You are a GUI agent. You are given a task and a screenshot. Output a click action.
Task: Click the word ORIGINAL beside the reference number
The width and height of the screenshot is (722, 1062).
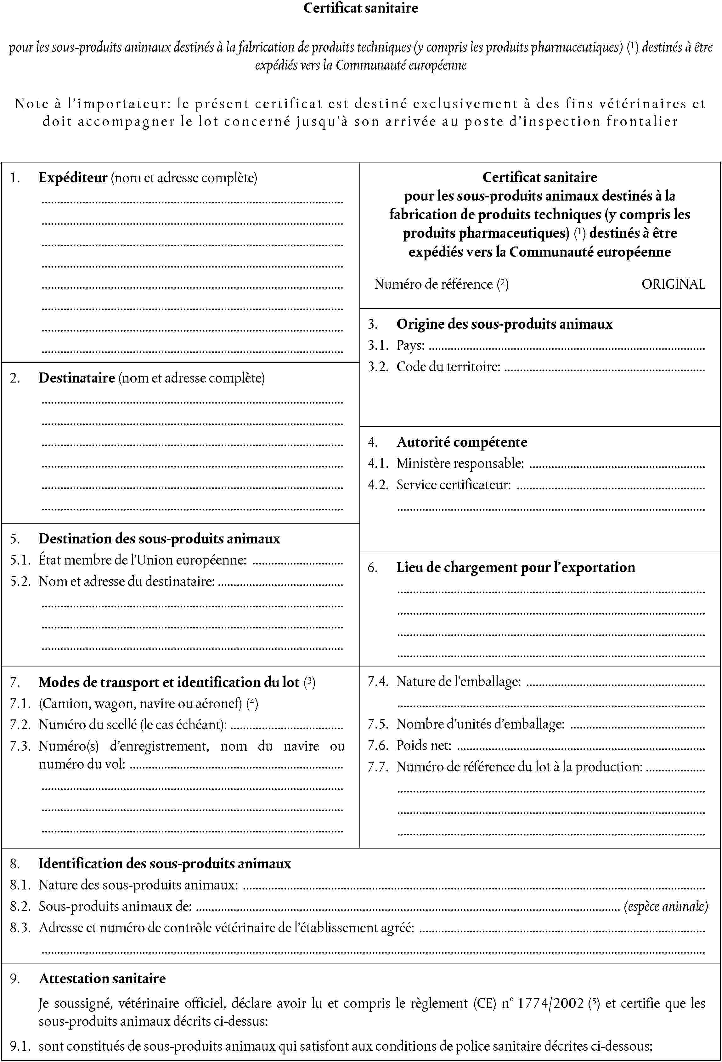click(673, 284)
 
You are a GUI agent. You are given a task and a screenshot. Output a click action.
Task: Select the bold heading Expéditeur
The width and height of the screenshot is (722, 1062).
click(73, 178)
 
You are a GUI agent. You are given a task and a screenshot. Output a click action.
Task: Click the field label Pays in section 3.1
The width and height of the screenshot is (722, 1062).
click(410, 345)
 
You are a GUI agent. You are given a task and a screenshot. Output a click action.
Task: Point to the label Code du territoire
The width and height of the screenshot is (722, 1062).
click(448, 366)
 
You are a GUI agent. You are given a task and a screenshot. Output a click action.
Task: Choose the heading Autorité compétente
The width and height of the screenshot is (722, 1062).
click(462, 442)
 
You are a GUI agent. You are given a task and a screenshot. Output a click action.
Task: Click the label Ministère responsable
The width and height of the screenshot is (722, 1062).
click(460, 463)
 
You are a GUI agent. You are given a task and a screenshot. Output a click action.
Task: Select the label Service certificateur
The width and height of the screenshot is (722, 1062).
click(453, 484)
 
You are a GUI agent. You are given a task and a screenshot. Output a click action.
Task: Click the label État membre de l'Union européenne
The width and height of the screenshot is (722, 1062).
click(143, 560)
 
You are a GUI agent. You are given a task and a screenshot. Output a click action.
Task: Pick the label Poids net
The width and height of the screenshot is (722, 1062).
click(423, 745)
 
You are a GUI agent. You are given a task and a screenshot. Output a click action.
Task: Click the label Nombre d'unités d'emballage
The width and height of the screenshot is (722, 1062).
click(480, 724)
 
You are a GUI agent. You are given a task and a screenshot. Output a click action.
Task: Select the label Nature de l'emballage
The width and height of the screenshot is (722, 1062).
click(458, 681)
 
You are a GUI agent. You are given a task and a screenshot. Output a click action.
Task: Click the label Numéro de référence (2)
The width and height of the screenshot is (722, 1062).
click(441, 284)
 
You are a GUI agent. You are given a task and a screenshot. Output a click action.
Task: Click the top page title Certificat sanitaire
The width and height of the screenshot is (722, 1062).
click(361, 8)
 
